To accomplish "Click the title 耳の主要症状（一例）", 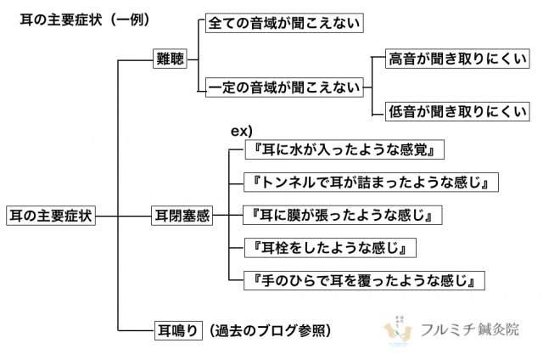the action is (x=85, y=20).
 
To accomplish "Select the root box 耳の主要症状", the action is (x=51, y=216).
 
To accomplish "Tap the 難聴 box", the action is (x=170, y=59).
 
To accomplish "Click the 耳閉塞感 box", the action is (x=182, y=216).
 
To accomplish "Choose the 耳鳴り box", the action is (x=178, y=330).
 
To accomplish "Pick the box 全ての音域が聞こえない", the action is (x=284, y=23).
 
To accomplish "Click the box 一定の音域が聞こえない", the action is (x=284, y=87).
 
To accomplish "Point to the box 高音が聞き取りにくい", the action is (x=457, y=59).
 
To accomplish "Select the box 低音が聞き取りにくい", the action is (x=457, y=111).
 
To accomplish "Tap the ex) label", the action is (x=241, y=132).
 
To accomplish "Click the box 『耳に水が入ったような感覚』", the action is (x=344, y=149).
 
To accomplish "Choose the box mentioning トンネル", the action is (x=372, y=183).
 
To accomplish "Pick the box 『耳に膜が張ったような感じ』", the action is (x=343, y=215).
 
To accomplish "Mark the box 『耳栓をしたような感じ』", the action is (x=330, y=248).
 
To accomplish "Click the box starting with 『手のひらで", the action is (x=364, y=280).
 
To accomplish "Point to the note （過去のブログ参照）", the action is (x=270, y=330).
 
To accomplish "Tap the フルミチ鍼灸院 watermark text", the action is (x=470, y=329).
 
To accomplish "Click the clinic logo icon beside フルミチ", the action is (x=398, y=331).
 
